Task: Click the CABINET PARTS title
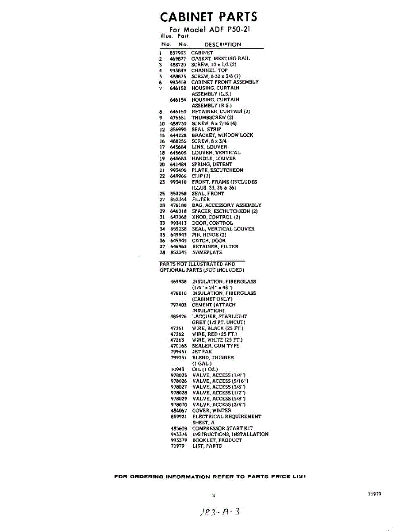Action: (208, 17)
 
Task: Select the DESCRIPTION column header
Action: (223, 45)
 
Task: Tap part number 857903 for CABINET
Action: (177, 53)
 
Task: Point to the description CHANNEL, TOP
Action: (209, 70)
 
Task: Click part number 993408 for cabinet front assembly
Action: (178, 82)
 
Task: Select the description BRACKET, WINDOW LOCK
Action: (222, 135)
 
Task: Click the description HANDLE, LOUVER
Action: (214, 158)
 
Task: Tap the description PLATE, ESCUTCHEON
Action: (217, 170)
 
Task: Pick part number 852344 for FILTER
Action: (178, 199)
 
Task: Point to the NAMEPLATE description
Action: (207, 252)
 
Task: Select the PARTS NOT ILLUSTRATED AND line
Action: (197, 264)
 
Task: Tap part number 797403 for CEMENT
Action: (178, 305)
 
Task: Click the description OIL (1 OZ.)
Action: (205, 369)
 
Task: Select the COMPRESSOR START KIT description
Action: (222, 428)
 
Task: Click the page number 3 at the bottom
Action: (213, 496)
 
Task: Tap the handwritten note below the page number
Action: (219, 512)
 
